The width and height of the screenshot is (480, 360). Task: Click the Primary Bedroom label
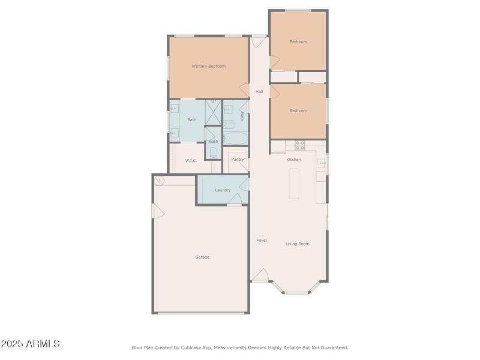[x=208, y=66]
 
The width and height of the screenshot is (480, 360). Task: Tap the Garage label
[x=202, y=257]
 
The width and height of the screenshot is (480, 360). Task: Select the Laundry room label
[x=223, y=190]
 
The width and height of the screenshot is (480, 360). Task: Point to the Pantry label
[x=238, y=159]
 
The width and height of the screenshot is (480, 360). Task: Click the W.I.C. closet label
[x=191, y=160]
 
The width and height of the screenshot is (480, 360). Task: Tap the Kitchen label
[x=293, y=159]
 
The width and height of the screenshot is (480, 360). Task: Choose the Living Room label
[x=297, y=244]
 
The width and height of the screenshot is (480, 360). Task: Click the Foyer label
[x=262, y=240]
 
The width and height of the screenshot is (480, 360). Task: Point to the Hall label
[x=259, y=91]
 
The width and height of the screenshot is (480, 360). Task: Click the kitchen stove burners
[x=300, y=145]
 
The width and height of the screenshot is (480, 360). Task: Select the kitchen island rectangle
[x=294, y=184]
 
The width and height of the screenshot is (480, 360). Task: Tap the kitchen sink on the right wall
[x=322, y=163]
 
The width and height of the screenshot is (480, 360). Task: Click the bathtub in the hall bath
[x=235, y=139]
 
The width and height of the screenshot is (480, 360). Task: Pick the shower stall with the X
[x=213, y=112]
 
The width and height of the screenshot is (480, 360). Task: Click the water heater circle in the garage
[x=159, y=181]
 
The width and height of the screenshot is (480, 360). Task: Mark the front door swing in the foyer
[x=260, y=275]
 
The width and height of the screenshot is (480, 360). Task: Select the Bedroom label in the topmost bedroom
[x=298, y=41]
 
